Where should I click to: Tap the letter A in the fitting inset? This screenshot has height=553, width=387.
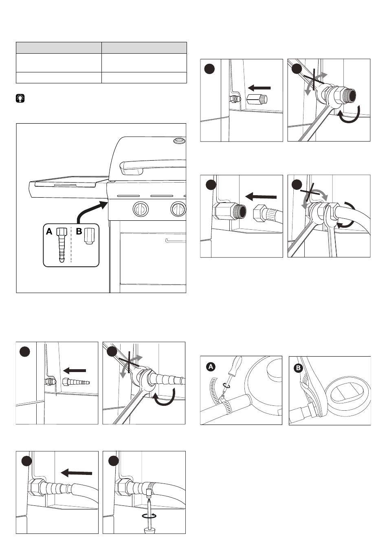coord(49,231)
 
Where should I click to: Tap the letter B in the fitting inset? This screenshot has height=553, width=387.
coord(79,231)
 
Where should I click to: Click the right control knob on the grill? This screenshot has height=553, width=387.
coord(178,209)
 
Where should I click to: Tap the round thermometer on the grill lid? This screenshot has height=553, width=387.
coord(178,141)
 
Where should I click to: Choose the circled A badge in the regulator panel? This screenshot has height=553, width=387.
coord(211,367)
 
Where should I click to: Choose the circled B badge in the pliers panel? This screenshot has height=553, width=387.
coord(299,368)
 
